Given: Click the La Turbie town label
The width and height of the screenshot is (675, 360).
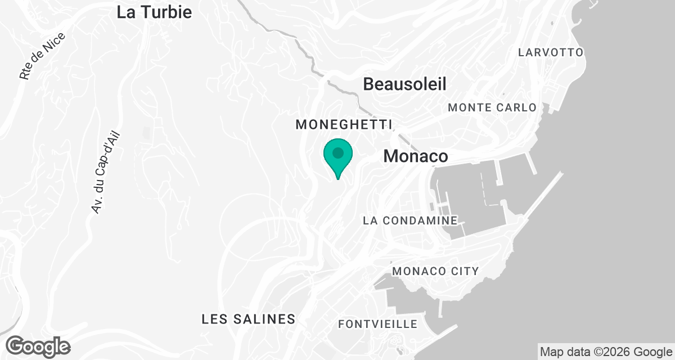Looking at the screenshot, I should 154,12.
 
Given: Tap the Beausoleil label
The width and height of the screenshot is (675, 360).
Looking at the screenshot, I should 404,84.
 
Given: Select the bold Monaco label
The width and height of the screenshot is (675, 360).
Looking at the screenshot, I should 416,156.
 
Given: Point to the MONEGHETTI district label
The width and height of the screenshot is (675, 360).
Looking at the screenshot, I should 343,124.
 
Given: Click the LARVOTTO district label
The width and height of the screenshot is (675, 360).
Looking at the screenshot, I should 551,52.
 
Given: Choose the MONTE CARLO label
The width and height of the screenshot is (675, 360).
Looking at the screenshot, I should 492,107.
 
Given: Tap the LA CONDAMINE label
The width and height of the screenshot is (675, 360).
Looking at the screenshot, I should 410,221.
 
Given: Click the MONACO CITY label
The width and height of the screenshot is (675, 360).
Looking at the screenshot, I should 435,271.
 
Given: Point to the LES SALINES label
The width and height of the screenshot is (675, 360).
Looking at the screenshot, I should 248,319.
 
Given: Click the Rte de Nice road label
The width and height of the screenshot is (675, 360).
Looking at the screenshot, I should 42,56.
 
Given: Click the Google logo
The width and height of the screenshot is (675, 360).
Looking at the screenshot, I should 38,346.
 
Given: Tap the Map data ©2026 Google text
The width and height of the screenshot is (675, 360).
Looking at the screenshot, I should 606,352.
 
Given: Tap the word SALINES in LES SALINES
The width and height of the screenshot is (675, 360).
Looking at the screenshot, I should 266,319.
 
